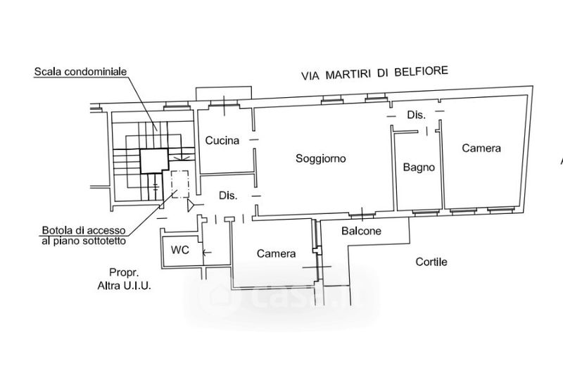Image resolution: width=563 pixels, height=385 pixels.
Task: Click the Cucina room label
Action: click(222, 141)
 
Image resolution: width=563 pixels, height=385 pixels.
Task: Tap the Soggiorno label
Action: click(321, 159)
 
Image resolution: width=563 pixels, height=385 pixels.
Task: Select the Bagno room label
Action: click(419, 168)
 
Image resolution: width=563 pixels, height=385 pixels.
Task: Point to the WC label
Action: click(179, 250)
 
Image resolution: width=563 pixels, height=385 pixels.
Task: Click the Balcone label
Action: click(362, 232)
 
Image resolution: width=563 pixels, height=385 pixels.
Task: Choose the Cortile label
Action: click(431, 262)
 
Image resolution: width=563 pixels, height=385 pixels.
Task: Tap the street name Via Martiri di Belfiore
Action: click(374, 72)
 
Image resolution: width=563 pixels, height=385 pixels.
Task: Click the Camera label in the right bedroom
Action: click(481, 149)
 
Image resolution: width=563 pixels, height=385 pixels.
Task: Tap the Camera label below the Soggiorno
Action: click(276, 254)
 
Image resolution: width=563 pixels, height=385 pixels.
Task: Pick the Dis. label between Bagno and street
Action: click(416, 115)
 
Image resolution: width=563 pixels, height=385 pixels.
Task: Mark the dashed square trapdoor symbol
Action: click(177, 184)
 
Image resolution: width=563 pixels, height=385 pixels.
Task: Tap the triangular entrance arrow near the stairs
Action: click(191, 206)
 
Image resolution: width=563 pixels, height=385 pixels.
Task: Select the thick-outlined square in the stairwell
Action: click(153, 161)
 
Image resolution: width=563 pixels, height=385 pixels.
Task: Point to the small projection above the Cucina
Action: click(224, 94)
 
